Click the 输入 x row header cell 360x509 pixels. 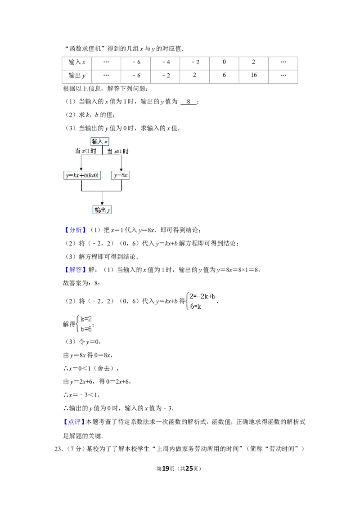point(76,63)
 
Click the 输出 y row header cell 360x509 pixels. point(76,76)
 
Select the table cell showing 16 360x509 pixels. point(253,76)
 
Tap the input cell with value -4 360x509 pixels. point(165,63)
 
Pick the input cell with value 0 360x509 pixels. point(224,63)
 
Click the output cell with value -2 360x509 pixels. point(165,76)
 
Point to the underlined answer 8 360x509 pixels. point(189,102)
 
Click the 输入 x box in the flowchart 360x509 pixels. point(100,142)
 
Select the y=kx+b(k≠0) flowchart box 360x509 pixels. point(82,175)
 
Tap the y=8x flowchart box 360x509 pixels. point(120,175)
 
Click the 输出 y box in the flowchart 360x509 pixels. point(102,210)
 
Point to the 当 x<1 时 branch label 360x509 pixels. point(85,151)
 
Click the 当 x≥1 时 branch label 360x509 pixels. point(117,152)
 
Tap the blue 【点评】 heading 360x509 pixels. point(74,422)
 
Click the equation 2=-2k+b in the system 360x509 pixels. point(202,296)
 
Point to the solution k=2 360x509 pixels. point(86,319)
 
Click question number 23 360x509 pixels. point(58,449)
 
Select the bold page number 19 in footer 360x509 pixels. point(166,469)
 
